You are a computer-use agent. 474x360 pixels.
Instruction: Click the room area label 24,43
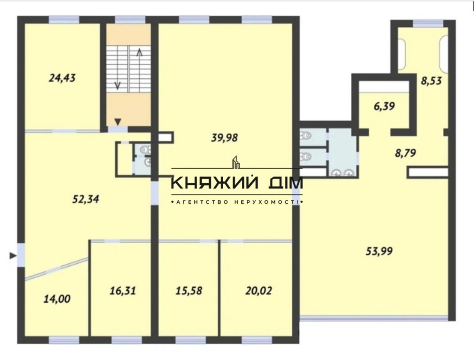62,77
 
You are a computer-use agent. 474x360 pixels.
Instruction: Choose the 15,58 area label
188,290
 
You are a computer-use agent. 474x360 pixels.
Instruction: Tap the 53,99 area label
379,252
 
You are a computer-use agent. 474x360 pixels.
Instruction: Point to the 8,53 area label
432,81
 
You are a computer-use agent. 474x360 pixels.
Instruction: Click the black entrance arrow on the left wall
12,256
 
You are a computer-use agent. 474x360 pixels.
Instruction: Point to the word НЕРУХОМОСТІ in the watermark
266,202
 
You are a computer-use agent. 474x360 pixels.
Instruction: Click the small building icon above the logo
236,162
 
